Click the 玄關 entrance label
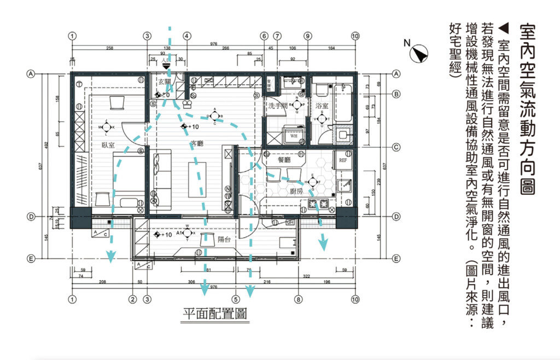[x=165, y=82]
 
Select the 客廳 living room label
[x=196, y=144]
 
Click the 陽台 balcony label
[x=225, y=239]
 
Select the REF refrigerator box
[x=343, y=160]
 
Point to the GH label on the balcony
[x=290, y=223]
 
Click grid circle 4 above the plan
[x=186, y=36]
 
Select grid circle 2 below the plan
[x=132, y=299]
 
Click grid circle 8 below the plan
[x=299, y=299]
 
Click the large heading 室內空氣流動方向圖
[x=527, y=109]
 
